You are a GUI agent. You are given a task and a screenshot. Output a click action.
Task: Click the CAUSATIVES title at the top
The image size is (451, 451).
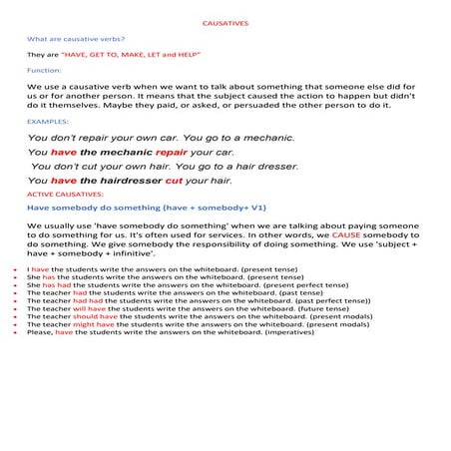pos(225,20)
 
